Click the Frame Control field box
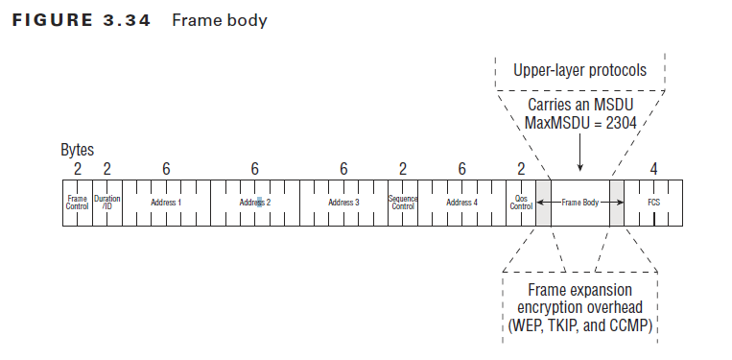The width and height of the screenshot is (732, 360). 78,203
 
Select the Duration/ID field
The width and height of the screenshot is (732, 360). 106,203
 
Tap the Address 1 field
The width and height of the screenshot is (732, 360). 166,203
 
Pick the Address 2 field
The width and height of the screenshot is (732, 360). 254,203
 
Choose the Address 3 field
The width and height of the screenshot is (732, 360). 343,203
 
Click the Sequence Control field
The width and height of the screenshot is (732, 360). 403,203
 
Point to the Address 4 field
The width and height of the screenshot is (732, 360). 460,203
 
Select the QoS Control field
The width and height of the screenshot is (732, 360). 521,203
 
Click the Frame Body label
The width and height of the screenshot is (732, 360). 580,203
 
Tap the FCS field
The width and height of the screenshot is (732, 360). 654,203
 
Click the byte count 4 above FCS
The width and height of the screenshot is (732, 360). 653,169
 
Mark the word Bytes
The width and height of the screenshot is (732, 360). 79,151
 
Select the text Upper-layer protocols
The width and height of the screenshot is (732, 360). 579,70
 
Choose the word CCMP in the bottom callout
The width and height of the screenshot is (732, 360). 627,326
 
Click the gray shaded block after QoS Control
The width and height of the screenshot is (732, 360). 543,203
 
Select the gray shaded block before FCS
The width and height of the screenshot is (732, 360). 616,203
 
